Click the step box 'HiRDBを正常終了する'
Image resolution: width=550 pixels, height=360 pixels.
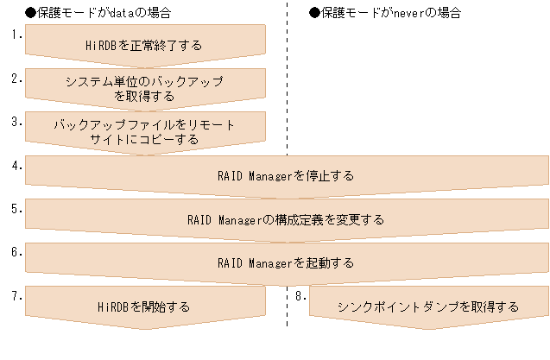[x=144, y=44]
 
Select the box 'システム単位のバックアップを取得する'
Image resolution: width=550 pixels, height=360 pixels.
[x=144, y=88]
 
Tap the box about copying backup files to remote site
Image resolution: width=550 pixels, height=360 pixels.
[x=144, y=131]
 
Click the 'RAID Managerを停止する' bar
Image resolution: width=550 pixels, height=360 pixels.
[x=286, y=175]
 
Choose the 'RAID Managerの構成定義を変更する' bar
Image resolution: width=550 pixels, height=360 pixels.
[x=286, y=219]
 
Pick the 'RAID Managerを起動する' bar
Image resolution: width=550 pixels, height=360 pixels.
[x=286, y=262]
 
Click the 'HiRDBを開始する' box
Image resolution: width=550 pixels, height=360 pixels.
[x=144, y=306]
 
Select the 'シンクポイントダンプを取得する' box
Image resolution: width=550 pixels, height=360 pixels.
[x=428, y=306]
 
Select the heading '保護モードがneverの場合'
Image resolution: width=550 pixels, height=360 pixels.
[x=388, y=13]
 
